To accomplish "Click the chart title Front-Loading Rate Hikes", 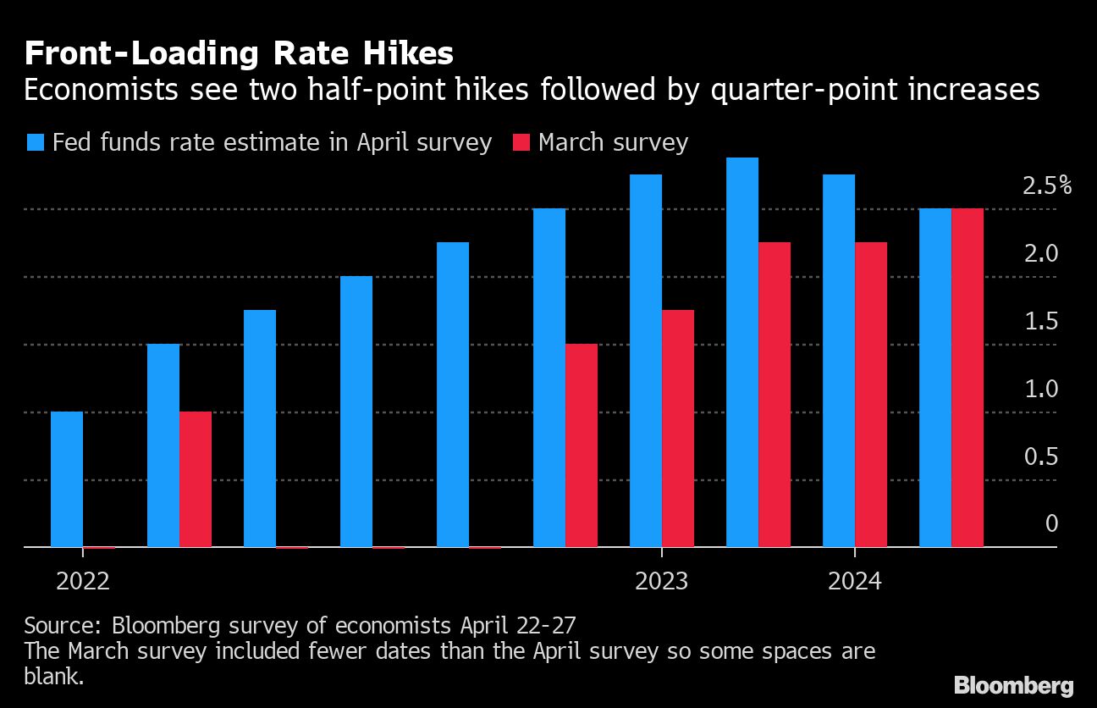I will click(239, 53).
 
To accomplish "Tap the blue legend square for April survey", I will click(35, 142).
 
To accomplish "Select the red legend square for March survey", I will click(521, 142).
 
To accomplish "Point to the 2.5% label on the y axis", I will click(1046, 186).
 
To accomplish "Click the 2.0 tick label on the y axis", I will click(1040, 253).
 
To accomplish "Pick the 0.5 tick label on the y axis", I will click(1040, 457).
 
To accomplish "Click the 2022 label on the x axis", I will click(83, 581).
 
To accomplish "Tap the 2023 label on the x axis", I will click(661, 581).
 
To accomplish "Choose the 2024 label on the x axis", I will click(854, 581).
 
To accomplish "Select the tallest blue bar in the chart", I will click(742, 352).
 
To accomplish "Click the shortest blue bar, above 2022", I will click(67, 479).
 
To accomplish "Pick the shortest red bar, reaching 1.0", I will click(196, 479).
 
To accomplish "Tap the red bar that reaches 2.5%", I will click(967, 378).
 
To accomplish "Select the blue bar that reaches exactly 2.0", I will click(356, 412).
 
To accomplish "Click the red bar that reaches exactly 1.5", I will click(582, 445).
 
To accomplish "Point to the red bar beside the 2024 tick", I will click(871, 395).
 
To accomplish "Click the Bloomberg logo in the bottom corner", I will click(1013, 685).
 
